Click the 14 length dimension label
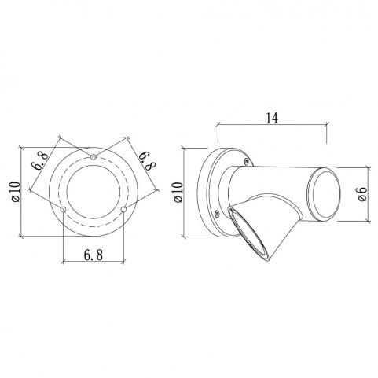pyautogui.click(x=272, y=118)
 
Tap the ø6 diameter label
pyautogui.click(x=362, y=194)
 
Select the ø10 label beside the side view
pyautogui.click(x=178, y=192)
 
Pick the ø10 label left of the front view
pyautogui.click(x=16, y=191)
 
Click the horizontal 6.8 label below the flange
pyautogui.click(x=94, y=255)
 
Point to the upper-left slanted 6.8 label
pyautogui.click(x=39, y=160)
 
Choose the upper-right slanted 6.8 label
pyautogui.click(x=148, y=160)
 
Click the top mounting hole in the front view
pyautogui.click(x=93, y=157)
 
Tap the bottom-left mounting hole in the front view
pyautogui.click(x=63, y=209)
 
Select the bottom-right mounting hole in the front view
pyautogui.click(x=123, y=209)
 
